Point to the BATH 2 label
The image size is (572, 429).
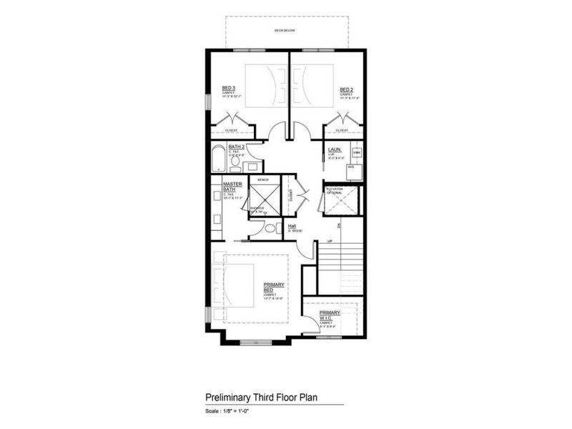point(237,147)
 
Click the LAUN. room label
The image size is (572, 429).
point(333,150)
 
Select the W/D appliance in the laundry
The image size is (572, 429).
point(351,167)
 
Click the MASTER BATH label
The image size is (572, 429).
point(233,187)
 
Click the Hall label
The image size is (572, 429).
point(292,227)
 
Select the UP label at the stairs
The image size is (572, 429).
point(330,241)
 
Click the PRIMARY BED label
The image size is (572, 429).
point(272,287)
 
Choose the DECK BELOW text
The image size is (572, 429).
point(285,31)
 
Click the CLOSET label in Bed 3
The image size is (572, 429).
point(231,130)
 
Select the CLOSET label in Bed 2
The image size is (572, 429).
point(342,130)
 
